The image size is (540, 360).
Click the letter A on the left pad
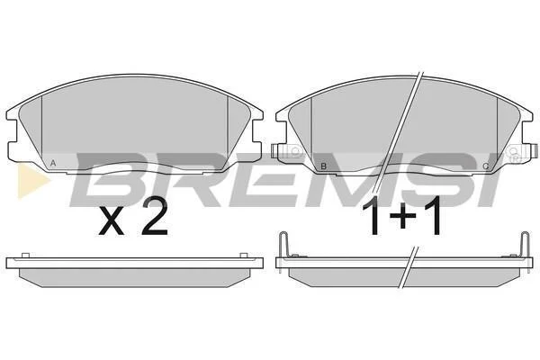tap(53, 163)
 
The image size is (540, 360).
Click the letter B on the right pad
tap(323, 166)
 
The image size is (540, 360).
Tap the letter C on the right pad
tap(486, 166)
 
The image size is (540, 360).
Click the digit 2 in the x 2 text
tap(155, 217)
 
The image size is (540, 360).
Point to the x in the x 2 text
tap(112, 222)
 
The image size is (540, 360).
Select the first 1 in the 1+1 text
tap(374, 215)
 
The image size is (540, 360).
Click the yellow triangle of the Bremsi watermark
tap(31, 181)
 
